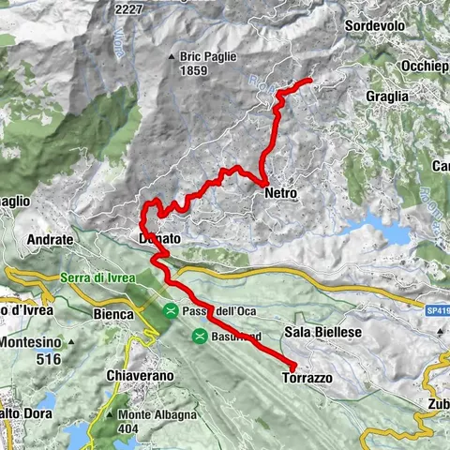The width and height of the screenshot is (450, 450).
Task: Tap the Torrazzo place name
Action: tap(306, 378)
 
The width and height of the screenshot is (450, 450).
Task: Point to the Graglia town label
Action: tap(387, 96)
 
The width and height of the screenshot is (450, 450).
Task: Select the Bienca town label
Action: tap(114, 314)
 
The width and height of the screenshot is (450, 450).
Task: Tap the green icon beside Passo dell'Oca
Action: tap(171, 310)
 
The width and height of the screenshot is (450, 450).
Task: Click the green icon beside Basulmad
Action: tap(200, 336)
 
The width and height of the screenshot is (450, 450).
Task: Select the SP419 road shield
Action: tap(436, 307)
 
